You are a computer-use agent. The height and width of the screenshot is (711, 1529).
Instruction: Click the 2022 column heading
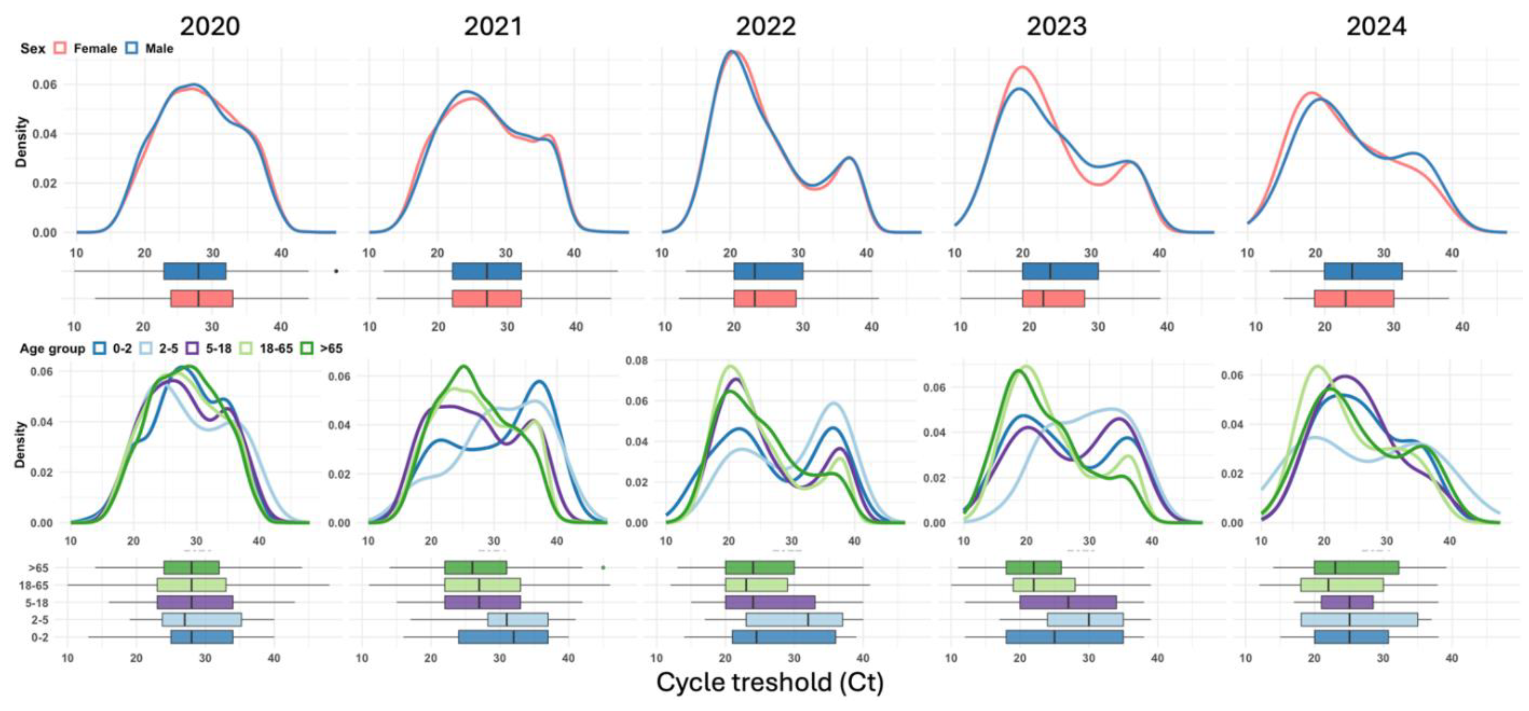(765, 26)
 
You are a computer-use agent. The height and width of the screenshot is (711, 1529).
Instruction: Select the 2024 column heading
(1376, 26)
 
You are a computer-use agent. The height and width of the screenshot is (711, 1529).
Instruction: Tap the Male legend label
(159, 49)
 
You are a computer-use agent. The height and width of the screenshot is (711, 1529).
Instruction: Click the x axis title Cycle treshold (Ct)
(770, 682)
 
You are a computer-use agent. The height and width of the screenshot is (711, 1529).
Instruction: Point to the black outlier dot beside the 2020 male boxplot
(336, 271)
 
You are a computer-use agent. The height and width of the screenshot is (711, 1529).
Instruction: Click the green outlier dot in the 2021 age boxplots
(603, 567)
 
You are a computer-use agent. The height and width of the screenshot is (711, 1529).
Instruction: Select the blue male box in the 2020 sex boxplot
(195, 271)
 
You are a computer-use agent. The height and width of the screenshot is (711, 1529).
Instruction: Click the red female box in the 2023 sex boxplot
(1053, 298)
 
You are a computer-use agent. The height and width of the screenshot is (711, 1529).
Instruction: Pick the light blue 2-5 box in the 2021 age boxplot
(517, 619)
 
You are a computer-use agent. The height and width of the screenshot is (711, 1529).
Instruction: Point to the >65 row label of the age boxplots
(39, 568)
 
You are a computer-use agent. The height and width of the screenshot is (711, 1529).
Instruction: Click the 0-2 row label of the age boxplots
(40, 637)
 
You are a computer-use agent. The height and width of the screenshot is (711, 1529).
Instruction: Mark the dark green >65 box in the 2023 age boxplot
(1033, 567)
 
